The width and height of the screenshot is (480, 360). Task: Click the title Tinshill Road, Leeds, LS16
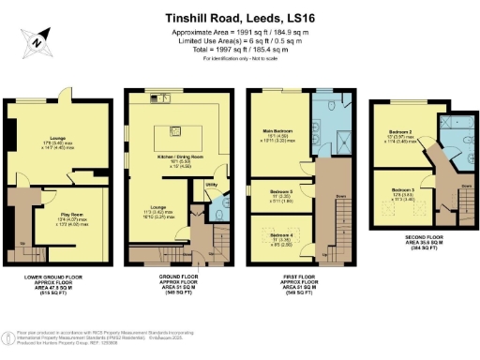click(x=240, y=16)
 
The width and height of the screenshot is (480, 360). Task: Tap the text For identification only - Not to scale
click(x=240, y=58)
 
